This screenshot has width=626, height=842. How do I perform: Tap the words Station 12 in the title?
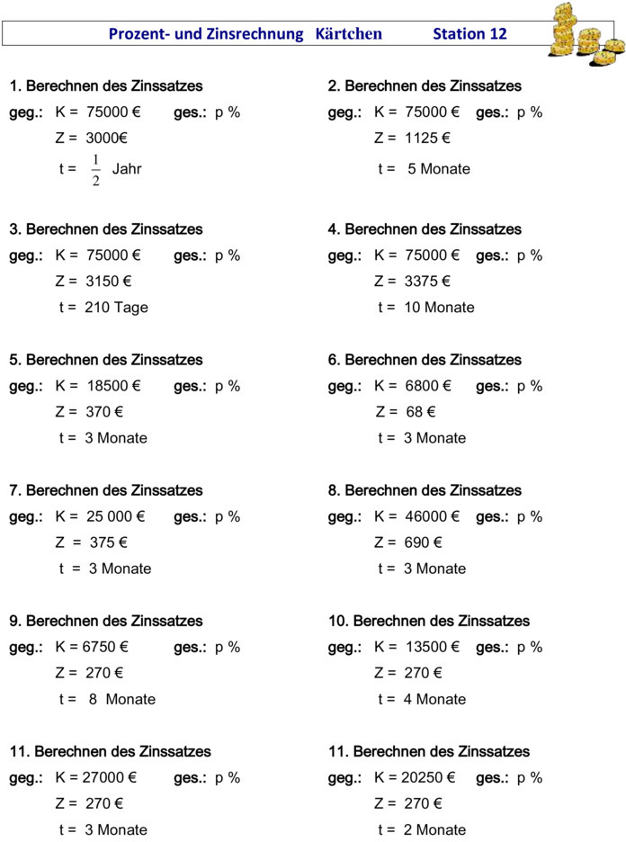point(469,34)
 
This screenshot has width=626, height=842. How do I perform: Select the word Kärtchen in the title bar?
point(349,34)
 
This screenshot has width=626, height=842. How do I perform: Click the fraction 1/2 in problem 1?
point(95,169)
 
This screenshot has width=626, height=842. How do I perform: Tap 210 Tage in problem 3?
point(116,308)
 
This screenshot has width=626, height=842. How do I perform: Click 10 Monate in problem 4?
point(439,308)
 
